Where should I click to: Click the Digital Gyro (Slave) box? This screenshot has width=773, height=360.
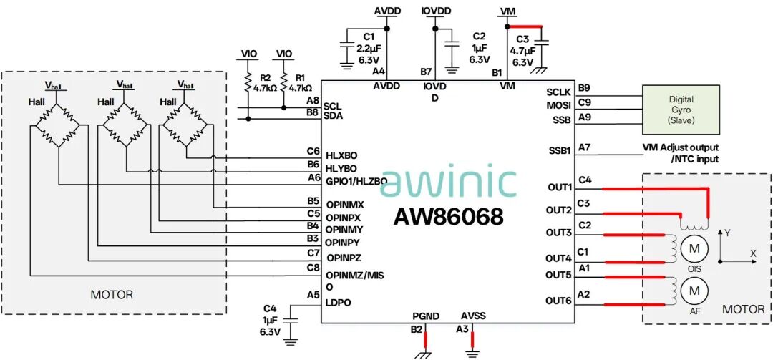click(684, 110)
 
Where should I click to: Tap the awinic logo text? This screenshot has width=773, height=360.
click(449, 180)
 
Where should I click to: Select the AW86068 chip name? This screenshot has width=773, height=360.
click(448, 216)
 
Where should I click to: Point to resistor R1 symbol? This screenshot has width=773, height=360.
click(283, 83)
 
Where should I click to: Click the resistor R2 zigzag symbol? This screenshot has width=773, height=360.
click(248, 83)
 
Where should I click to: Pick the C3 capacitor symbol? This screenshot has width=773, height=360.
click(541, 47)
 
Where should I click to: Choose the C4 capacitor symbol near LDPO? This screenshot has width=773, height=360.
click(292, 321)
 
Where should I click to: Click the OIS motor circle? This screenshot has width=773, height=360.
click(694, 248)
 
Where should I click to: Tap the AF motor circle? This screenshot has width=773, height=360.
click(694, 291)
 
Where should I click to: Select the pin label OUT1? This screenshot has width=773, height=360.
click(559, 188)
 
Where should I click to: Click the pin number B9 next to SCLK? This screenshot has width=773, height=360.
click(584, 89)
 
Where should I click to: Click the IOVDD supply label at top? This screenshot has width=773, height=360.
click(437, 11)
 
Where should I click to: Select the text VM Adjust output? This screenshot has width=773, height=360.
click(681, 147)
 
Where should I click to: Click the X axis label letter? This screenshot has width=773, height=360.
click(753, 253)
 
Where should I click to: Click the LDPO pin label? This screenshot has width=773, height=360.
click(338, 303)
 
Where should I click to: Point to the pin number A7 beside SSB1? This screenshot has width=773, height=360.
click(584, 147)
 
